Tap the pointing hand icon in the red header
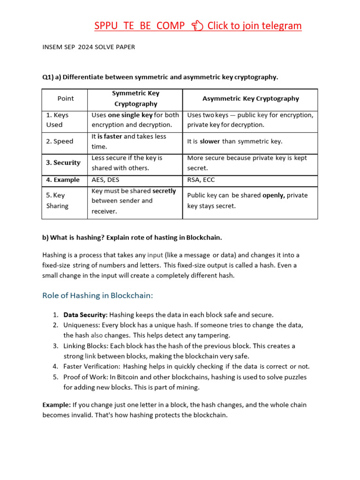click(197, 26)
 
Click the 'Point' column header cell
click(66, 98)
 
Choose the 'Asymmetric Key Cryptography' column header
click(250, 98)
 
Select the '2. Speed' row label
click(60, 141)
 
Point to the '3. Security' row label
click(63, 163)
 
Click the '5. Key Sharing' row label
click(57, 201)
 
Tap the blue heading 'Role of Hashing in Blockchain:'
click(97, 295)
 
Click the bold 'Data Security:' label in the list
click(85, 315)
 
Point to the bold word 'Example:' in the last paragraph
click(57, 405)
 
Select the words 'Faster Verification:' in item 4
click(92, 367)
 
